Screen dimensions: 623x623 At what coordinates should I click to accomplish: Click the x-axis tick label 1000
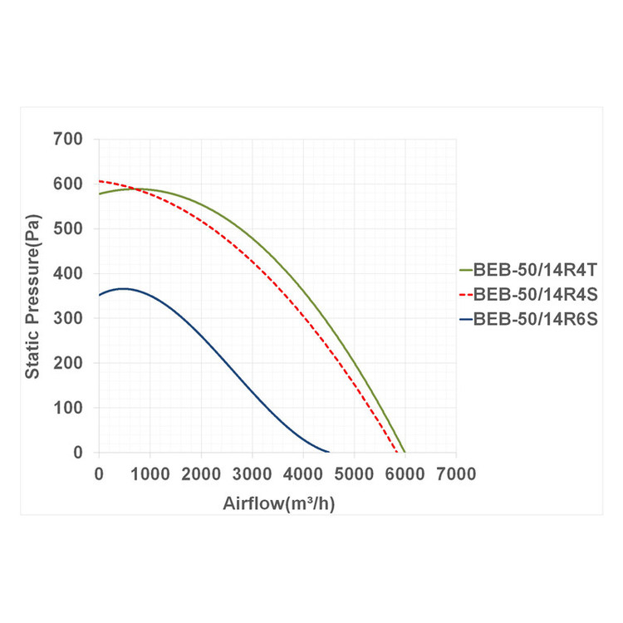(150, 474)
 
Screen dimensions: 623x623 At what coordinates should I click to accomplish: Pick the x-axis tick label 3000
(252, 474)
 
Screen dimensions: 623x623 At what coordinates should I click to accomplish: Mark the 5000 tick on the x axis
(354, 474)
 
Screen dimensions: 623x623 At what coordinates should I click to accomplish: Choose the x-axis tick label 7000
(456, 474)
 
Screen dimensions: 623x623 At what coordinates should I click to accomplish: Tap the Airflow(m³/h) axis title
(278, 503)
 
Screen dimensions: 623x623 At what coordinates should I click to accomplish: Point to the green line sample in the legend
(465, 270)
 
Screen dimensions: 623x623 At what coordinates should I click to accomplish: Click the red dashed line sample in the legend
(465, 294)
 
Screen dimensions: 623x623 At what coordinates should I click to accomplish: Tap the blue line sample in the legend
(465, 318)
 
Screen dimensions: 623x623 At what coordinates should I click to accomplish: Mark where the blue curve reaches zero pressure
(329, 452)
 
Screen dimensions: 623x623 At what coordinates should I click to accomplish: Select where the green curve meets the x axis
(405, 452)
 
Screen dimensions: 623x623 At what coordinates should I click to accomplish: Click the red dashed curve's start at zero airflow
(100, 181)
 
